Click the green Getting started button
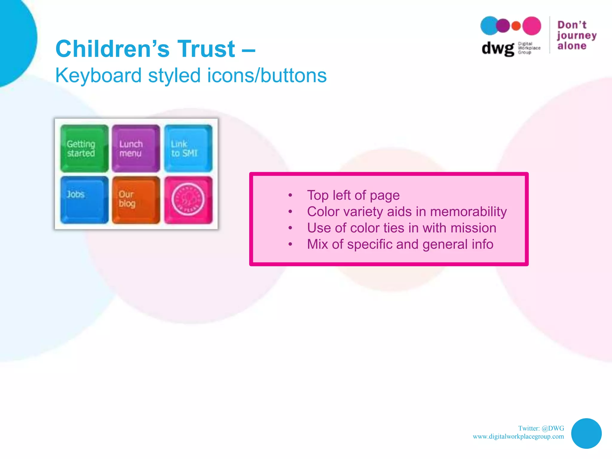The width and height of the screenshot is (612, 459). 84,149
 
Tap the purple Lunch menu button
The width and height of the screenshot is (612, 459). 136,149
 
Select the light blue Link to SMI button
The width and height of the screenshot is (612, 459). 188,149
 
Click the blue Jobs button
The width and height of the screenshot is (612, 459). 84,200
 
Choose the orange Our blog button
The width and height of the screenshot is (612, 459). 136,200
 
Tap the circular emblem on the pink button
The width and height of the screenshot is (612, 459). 188,199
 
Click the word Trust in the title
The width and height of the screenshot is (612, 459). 206,49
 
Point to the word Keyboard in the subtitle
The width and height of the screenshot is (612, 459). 98,75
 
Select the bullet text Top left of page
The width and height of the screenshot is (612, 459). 353,195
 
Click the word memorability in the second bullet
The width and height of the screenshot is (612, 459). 468,212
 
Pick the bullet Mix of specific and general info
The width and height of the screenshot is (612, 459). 400,244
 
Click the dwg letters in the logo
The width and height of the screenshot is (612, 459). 498,48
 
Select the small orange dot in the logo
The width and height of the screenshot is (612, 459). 516,26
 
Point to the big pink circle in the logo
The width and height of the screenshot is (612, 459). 532,26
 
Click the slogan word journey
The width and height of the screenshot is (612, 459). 576,36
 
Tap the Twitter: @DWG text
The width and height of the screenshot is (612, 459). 541,428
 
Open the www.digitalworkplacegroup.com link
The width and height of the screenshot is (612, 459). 518,437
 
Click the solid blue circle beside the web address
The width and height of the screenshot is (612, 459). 586,433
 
